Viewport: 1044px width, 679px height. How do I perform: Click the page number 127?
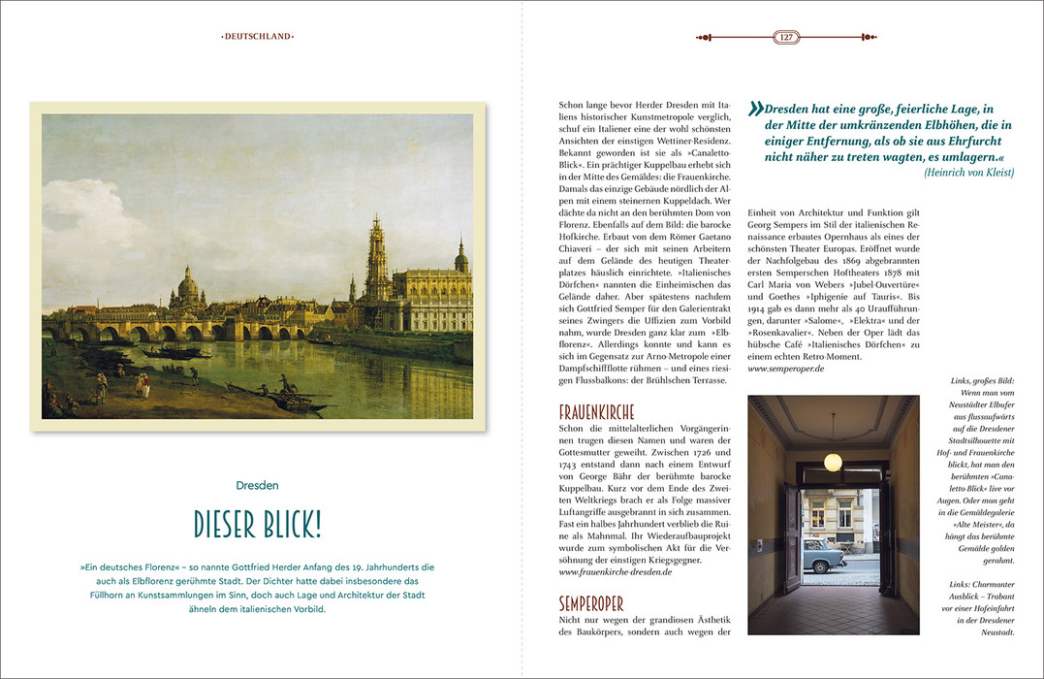pos(785,37)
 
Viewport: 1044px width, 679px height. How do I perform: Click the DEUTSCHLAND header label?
pos(258,37)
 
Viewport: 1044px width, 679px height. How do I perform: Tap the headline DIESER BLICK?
pos(258,525)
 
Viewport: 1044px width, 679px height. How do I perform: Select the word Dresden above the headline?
pos(258,485)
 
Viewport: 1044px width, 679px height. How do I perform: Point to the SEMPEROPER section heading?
pos(591,603)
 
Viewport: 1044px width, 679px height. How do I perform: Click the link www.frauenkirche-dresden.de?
pos(616,572)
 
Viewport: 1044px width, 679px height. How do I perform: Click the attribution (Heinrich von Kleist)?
pos(968,172)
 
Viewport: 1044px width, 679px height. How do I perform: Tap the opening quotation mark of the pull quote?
pos(755,110)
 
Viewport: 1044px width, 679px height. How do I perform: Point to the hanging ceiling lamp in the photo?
pos(832,461)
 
